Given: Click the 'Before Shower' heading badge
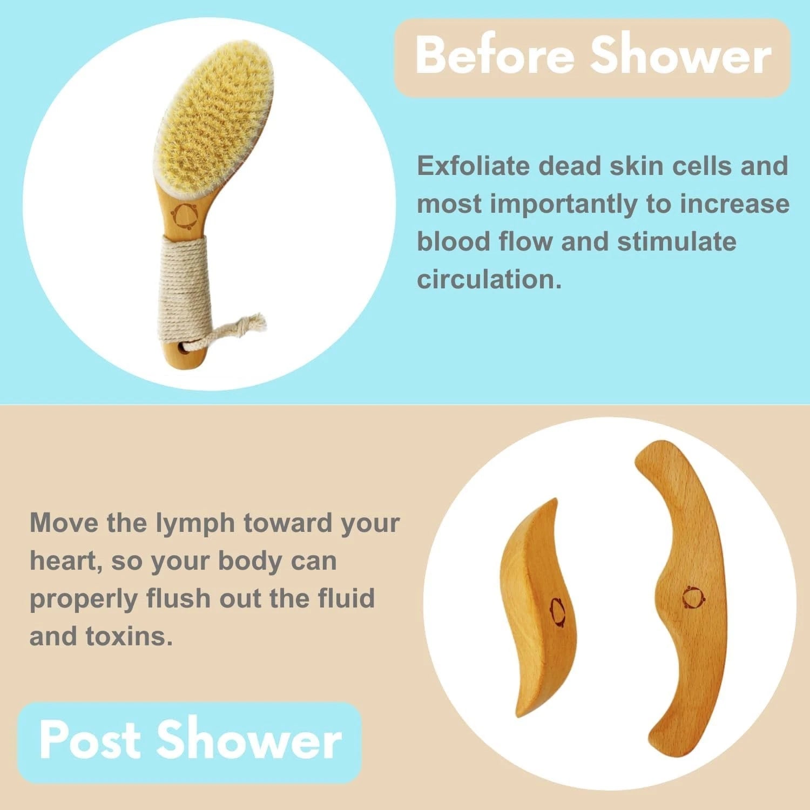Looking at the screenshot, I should [x=592, y=57].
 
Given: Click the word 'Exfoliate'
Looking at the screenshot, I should [x=474, y=166].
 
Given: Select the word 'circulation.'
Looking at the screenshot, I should [x=489, y=279].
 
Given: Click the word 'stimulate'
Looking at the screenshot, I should [x=677, y=241].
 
